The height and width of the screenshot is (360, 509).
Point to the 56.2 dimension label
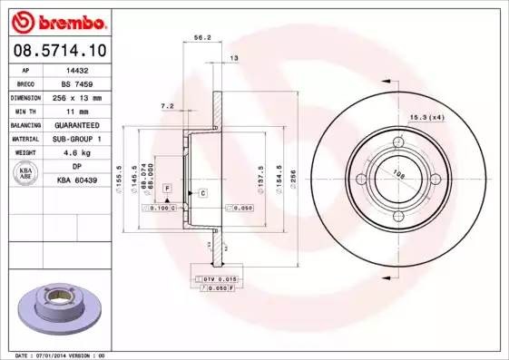click(203, 38)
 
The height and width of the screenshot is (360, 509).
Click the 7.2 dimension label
click(167, 106)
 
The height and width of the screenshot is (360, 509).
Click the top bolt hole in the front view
click(397, 143)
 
